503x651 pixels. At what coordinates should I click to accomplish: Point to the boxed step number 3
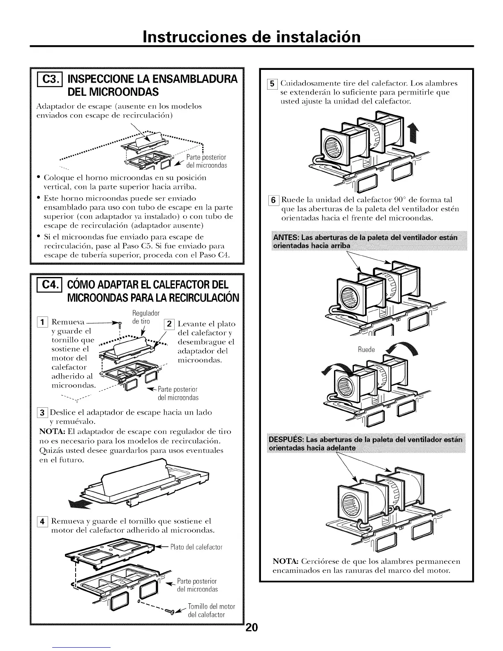(x=42, y=412)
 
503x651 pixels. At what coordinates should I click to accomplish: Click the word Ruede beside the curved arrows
(x=366, y=350)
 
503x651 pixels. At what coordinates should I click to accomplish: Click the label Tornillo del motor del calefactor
(x=211, y=611)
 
